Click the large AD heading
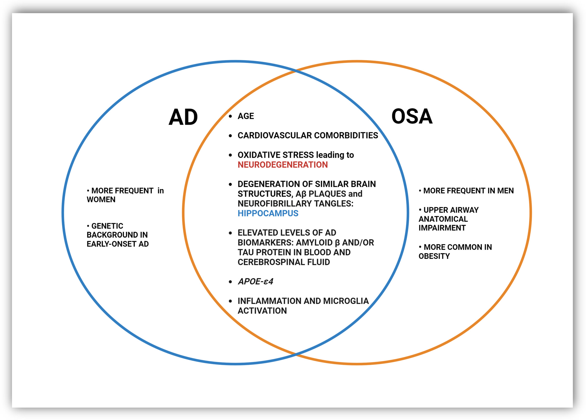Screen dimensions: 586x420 coord(183,117)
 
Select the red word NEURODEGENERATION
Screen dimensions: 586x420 coord(283,165)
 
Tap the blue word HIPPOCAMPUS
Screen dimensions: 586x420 coord(268,213)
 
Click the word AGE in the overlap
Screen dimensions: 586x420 coord(246,116)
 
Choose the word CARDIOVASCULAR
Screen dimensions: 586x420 coord(275,135)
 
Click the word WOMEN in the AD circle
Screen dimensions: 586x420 coord(101,199)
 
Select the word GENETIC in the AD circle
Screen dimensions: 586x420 coord(107,226)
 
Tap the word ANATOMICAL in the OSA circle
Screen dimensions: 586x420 coord(443,219)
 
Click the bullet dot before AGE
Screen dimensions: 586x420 coord(230,116)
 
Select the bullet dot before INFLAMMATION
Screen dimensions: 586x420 coord(230,301)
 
